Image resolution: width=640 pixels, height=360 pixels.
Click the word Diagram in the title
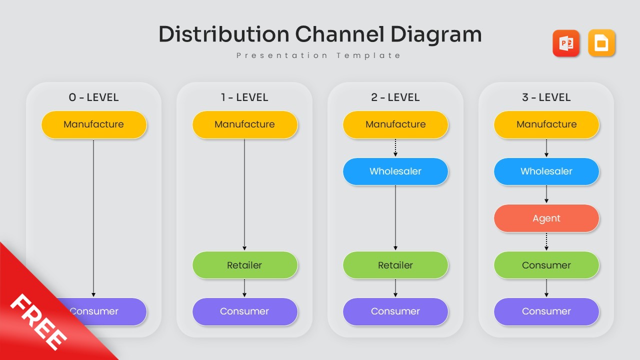coord(435,34)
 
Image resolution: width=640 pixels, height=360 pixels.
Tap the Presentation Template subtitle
coord(318,55)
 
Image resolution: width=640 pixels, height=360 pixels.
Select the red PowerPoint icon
coord(565,43)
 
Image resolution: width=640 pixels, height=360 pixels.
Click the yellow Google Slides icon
coord(601,43)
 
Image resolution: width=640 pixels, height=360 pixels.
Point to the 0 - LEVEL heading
coord(93,97)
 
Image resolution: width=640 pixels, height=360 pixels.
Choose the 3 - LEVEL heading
coord(546,97)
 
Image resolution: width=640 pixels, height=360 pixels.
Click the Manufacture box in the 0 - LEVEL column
coord(94,124)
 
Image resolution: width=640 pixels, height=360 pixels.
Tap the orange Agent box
coord(546,218)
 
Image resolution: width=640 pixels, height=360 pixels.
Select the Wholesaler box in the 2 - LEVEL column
coord(395,171)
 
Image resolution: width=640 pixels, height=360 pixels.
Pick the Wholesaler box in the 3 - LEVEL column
coord(546,171)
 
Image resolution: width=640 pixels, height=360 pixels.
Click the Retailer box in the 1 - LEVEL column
coord(244,265)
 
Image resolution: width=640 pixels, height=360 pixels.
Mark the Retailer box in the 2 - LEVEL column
coord(395,265)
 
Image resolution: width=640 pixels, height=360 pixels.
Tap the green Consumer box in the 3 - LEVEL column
coord(546,265)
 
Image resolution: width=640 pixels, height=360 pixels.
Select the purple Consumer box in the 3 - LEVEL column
coord(546,311)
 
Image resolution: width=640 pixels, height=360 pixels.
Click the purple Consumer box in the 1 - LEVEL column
coord(244,311)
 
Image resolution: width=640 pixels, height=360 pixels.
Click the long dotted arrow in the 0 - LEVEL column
coord(93,217)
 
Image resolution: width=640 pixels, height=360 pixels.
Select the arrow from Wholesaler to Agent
coord(546,194)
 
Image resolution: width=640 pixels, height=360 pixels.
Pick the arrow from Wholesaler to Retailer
coord(395,217)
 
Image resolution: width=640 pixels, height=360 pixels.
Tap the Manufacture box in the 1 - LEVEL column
coord(244,124)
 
